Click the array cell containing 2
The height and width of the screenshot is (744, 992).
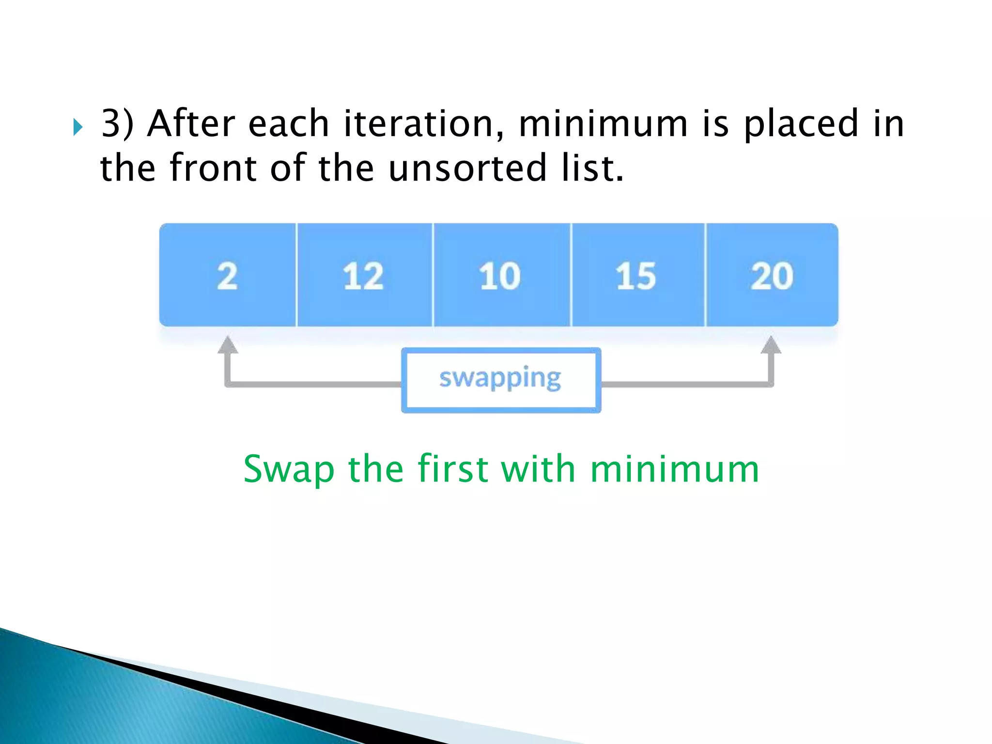coord(227,275)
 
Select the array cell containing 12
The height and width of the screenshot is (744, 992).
coord(364,275)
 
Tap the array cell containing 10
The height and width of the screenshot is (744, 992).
coord(501,275)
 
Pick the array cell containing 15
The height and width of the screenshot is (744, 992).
coord(637,275)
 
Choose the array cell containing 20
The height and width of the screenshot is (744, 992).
coord(772,275)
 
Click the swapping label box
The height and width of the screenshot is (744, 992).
coord(501,380)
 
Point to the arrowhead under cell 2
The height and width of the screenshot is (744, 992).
coord(228,345)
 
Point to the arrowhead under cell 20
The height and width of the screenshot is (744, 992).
coord(771,345)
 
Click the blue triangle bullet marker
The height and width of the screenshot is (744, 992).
coord(77,127)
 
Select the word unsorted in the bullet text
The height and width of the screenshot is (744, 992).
coord(467,168)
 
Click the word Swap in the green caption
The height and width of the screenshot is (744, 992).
coord(289,469)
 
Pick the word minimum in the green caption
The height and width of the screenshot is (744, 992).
coord(674,469)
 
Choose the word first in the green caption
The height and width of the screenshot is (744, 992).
coord(453,469)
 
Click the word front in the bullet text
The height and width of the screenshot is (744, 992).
coord(213,168)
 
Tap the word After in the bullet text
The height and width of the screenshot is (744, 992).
coord(191,124)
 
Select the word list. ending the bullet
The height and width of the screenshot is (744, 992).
coord(593,168)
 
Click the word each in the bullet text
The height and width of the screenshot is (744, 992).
coord(289,124)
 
